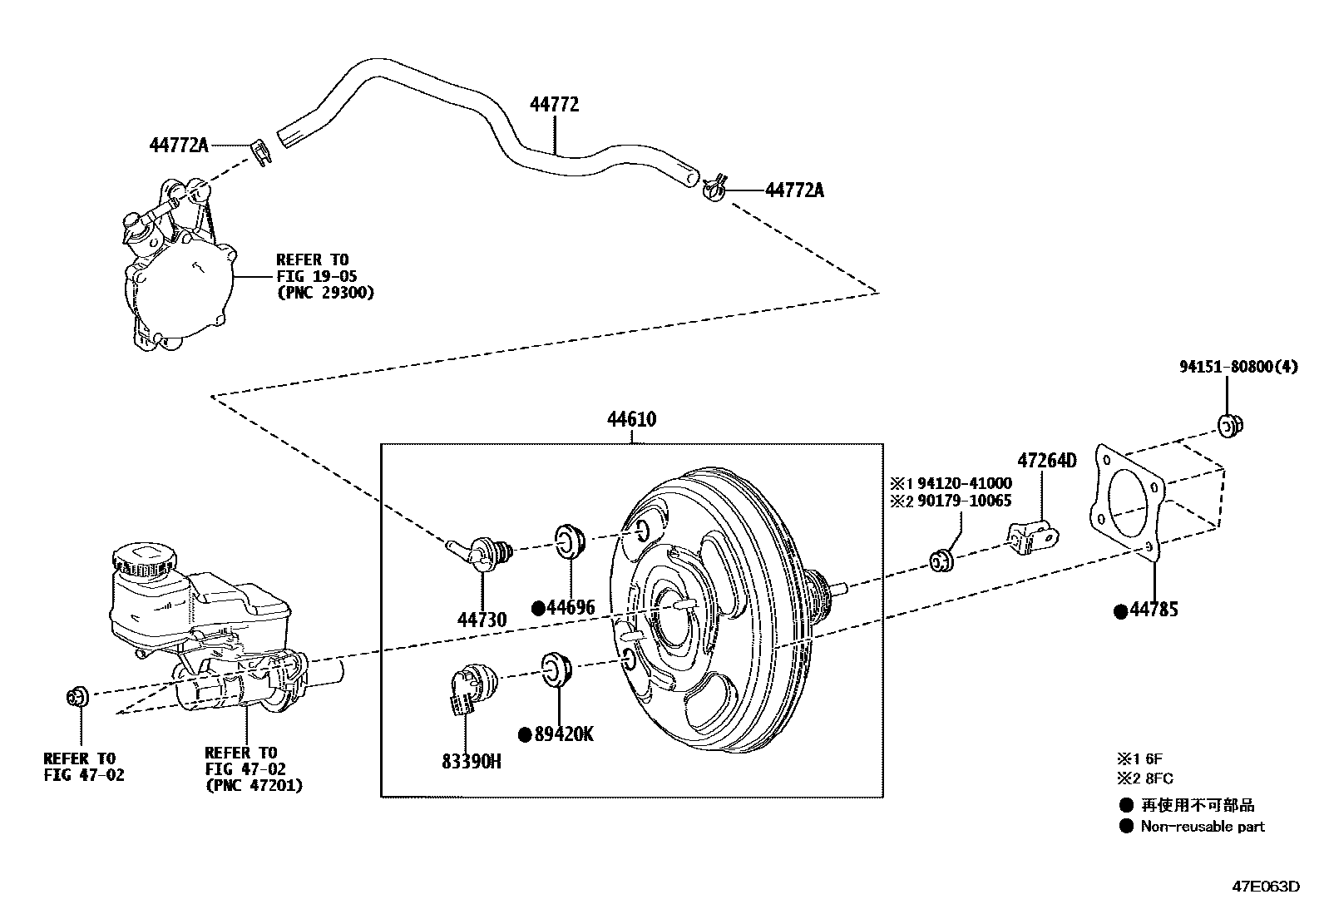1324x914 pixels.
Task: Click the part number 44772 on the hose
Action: (554, 104)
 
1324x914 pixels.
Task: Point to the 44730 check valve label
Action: (482, 620)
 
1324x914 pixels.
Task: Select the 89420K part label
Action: (564, 734)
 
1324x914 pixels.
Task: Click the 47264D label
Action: (1047, 461)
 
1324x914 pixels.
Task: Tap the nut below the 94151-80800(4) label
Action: (1231, 426)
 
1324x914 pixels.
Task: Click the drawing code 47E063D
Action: (1265, 887)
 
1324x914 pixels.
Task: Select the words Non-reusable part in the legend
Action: (1203, 827)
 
